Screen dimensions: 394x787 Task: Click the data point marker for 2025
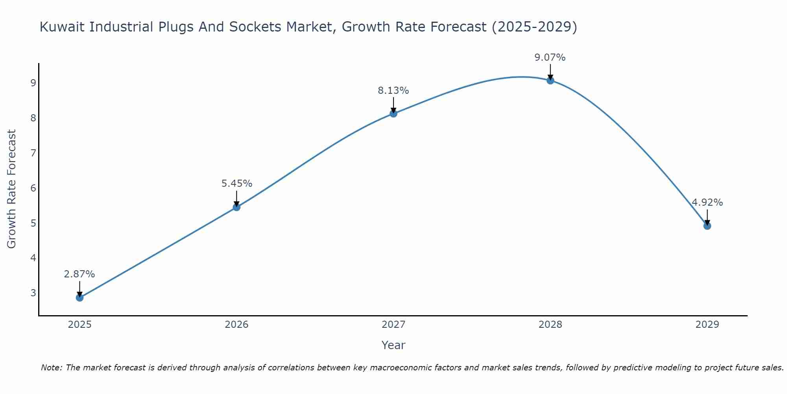(79, 297)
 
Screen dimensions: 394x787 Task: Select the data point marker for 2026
(236, 207)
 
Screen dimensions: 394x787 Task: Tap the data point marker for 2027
(393, 113)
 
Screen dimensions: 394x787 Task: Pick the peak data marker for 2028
(550, 80)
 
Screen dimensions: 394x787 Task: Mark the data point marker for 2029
(707, 226)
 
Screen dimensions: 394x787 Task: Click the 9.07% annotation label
(550, 58)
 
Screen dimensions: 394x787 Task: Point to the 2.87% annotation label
(79, 274)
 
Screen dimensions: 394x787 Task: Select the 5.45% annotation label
(236, 184)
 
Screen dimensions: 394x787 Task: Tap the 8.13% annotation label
(393, 91)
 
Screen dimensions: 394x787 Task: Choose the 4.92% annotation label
(707, 203)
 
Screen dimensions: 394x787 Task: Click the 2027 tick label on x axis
(393, 325)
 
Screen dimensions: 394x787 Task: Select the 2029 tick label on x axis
(707, 325)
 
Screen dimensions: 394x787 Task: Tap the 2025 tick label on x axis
(79, 325)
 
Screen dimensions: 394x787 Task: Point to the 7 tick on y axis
(33, 153)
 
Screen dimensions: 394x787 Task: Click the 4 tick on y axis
(33, 258)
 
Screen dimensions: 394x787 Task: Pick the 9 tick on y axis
(33, 83)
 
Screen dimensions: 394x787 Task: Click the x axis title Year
(393, 345)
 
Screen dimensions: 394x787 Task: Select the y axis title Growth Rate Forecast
(12, 189)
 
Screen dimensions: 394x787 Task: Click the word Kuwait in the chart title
(63, 27)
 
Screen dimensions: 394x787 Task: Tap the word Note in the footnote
(51, 368)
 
